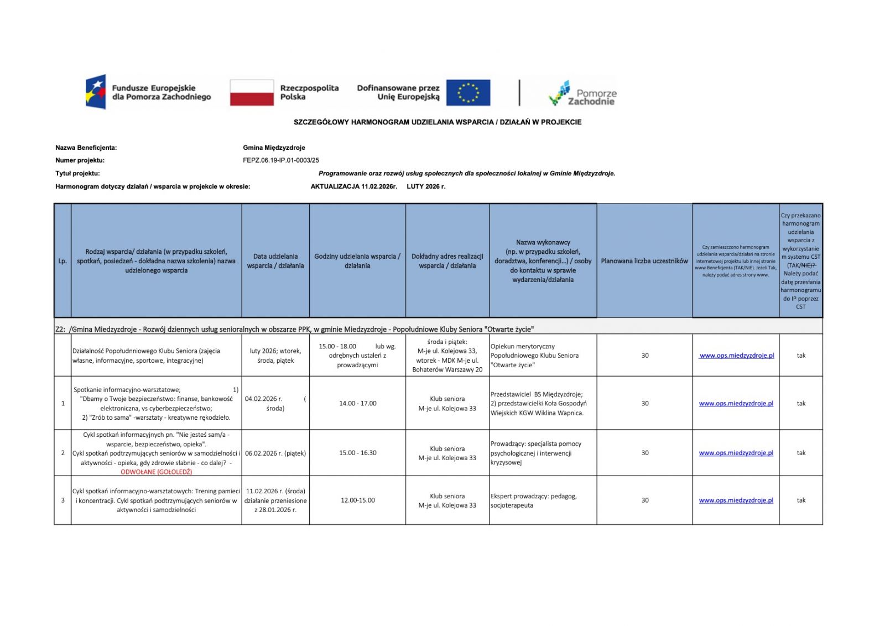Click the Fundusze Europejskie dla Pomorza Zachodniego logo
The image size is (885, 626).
[x=148, y=92]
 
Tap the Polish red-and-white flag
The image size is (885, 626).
[x=252, y=92]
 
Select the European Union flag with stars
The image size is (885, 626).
[x=468, y=92]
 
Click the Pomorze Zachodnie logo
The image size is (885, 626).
[x=582, y=93]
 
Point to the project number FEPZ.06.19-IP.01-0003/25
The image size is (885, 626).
[x=281, y=160]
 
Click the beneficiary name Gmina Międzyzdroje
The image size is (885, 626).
[x=274, y=148]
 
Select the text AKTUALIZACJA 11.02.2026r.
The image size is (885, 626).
[x=354, y=186]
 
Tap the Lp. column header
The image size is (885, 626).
[x=63, y=261]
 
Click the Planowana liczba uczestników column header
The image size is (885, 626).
[x=644, y=261]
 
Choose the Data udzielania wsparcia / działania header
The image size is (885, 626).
[x=275, y=261]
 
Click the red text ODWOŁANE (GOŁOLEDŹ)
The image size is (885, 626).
[x=157, y=472]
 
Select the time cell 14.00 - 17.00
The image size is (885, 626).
[x=358, y=403]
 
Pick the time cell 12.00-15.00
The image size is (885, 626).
[x=358, y=500]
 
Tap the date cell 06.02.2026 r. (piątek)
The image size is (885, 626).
[x=275, y=453]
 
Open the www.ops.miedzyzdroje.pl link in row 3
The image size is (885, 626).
[x=736, y=500]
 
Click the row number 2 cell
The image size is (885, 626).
[x=63, y=453]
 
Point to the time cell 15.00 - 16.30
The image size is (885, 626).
[x=358, y=453]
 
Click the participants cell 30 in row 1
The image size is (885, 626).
[x=645, y=403]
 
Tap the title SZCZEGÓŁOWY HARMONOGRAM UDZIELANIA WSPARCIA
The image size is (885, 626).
[x=438, y=122]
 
